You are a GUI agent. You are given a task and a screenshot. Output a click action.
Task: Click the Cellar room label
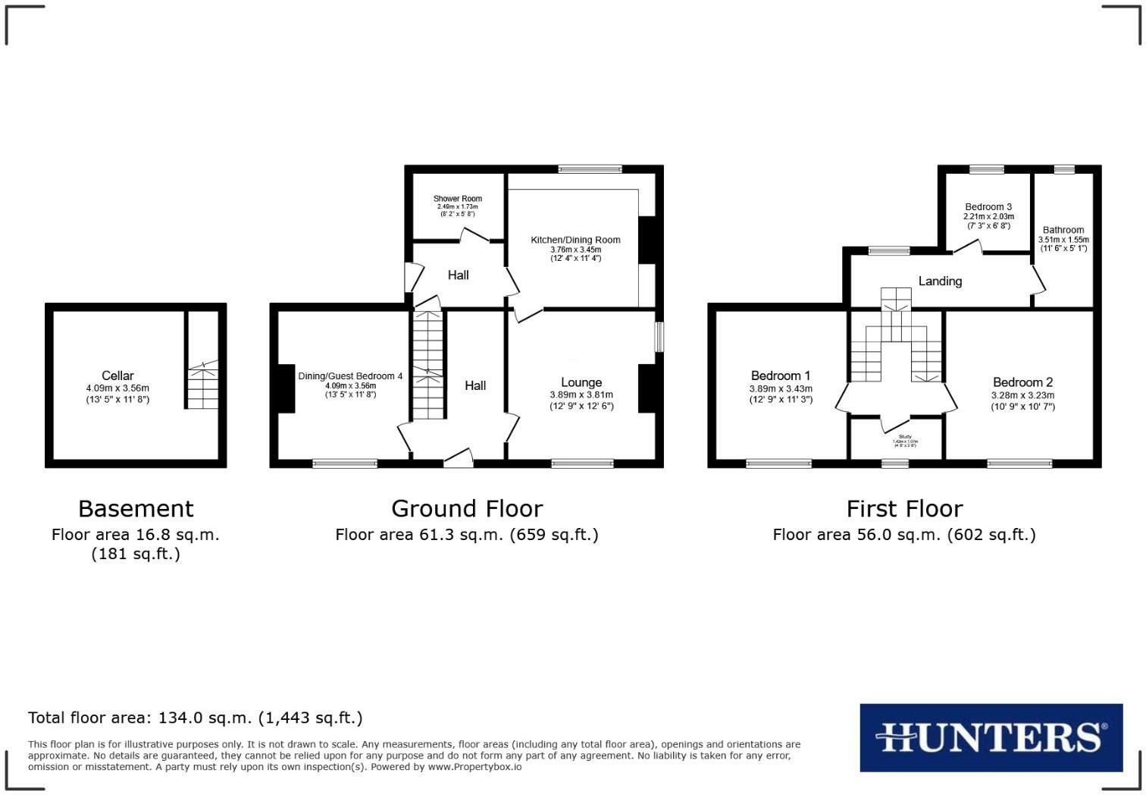click(x=117, y=376)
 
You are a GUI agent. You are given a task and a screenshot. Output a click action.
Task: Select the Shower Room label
click(x=458, y=199)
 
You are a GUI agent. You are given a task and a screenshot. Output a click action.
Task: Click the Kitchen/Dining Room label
click(x=575, y=240)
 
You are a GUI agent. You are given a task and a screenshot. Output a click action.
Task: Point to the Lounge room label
click(x=581, y=382)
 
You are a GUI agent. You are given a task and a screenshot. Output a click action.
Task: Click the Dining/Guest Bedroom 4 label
click(x=350, y=376)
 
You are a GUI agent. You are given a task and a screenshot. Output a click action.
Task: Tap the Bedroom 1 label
click(x=781, y=376)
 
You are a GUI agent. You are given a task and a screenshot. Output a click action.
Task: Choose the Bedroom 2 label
click(x=1022, y=382)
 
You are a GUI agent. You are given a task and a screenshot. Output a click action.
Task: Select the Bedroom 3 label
click(x=988, y=207)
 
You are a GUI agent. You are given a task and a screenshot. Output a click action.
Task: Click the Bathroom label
click(x=1063, y=230)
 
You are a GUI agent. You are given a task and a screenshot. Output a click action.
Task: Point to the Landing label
click(x=940, y=281)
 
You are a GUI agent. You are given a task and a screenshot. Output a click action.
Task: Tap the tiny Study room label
click(x=905, y=437)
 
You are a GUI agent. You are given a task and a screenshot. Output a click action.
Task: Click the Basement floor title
click(x=136, y=508)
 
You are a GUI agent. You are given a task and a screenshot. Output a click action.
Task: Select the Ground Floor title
click(x=467, y=508)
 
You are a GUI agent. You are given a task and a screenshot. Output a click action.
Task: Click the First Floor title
click(x=904, y=508)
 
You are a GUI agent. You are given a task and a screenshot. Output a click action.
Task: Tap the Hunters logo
click(x=991, y=737)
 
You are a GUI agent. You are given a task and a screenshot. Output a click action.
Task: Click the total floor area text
click(x=196, y=718)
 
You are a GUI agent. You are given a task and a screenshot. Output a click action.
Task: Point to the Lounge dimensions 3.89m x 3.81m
click(x=581, y=394)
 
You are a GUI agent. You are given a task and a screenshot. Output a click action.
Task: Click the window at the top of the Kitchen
click(x=590, y=168)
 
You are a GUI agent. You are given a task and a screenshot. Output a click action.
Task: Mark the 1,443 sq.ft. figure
click(x=311, y=718)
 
